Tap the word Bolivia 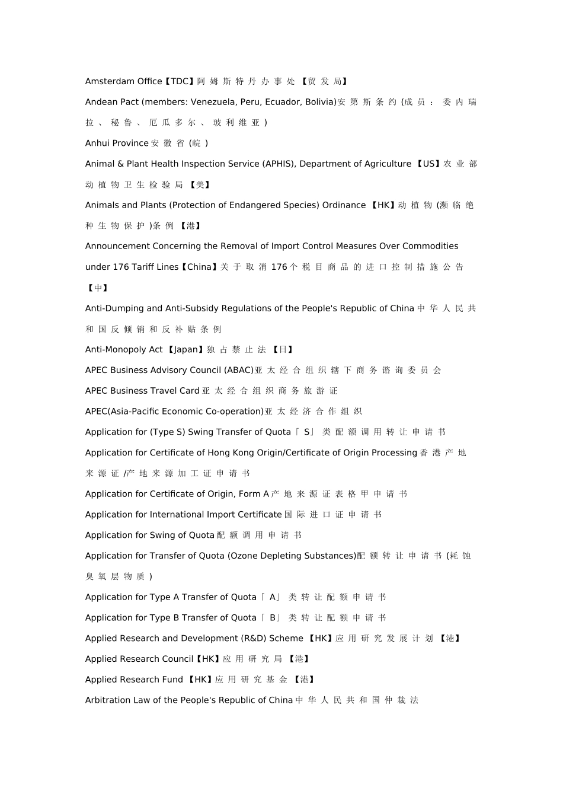pos(320,102)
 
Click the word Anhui pos(97,143)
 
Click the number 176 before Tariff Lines pos(121,267)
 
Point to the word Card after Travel pos(189,391)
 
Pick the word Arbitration pos(108,700)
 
